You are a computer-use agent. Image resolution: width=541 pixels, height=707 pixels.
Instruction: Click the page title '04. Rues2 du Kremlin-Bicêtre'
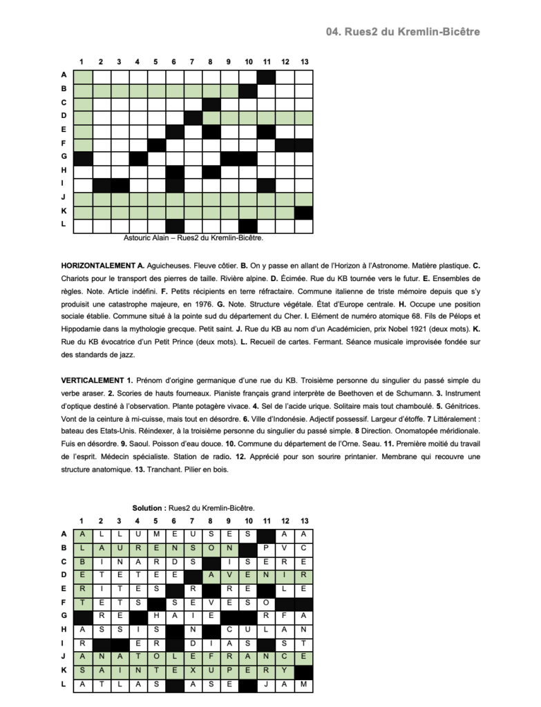(403, 32)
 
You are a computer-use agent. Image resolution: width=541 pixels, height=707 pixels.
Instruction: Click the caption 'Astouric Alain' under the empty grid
(146, 238)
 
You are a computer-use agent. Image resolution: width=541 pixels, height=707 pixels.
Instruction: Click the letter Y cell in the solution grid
(285, 670)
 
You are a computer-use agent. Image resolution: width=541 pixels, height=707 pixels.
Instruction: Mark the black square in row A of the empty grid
(266, 76)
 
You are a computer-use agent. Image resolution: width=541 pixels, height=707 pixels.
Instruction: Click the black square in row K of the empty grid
(303, 213)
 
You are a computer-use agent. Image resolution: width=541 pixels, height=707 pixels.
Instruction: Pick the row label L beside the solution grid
(64, 684)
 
